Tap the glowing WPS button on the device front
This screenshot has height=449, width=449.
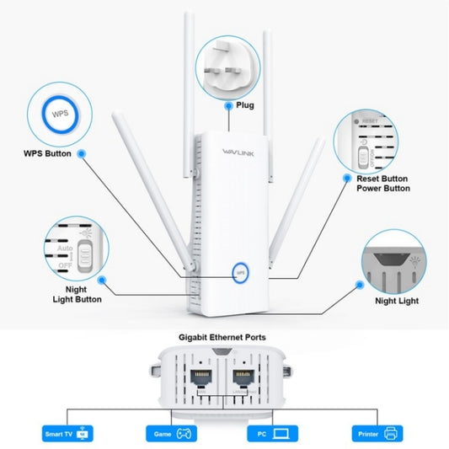click(239, 273)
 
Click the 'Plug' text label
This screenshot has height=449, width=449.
click(245, 106)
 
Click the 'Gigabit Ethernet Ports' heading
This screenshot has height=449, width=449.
click(222, 337)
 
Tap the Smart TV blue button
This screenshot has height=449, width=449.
click(67, 435)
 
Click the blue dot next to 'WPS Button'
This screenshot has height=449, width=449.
click(82, 154)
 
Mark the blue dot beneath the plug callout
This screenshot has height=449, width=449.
click(227, 106)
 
